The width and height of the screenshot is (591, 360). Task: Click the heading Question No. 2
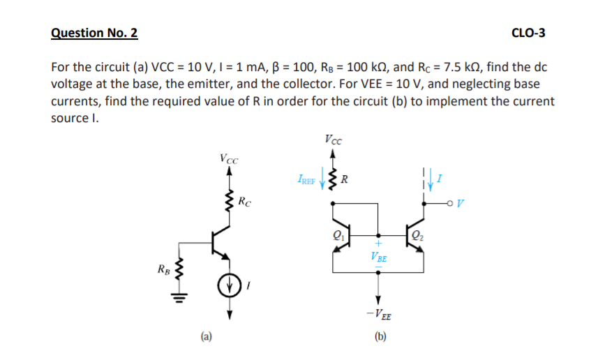click(x=95, y=33)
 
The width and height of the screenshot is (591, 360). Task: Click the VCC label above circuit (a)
click(x=228, y=158)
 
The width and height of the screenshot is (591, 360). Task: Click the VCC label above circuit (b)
click(x=333, y=138)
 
